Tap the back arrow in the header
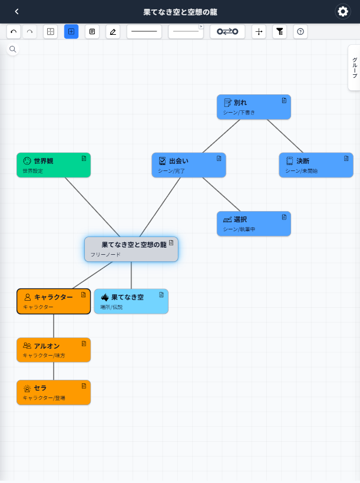pos(16,12)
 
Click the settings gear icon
pos(343,12)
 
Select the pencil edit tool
pos(113,31)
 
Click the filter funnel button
pos(280,31)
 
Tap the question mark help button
pos(300,31)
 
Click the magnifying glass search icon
pos(12,49)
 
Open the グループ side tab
pos(354,68)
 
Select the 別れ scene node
pos(254,107)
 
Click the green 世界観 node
pos(54,165)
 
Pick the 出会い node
pos(189,165)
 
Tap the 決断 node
pos(316,165)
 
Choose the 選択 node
pos(254,224)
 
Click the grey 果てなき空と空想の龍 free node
pos(131,249)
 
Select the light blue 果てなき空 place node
pos(131,301)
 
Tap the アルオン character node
pos(54,350)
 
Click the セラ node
pos(54,392)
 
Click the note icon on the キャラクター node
pos(84,295)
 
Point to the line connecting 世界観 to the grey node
pos(93,207)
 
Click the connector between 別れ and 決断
pos(285,136)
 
